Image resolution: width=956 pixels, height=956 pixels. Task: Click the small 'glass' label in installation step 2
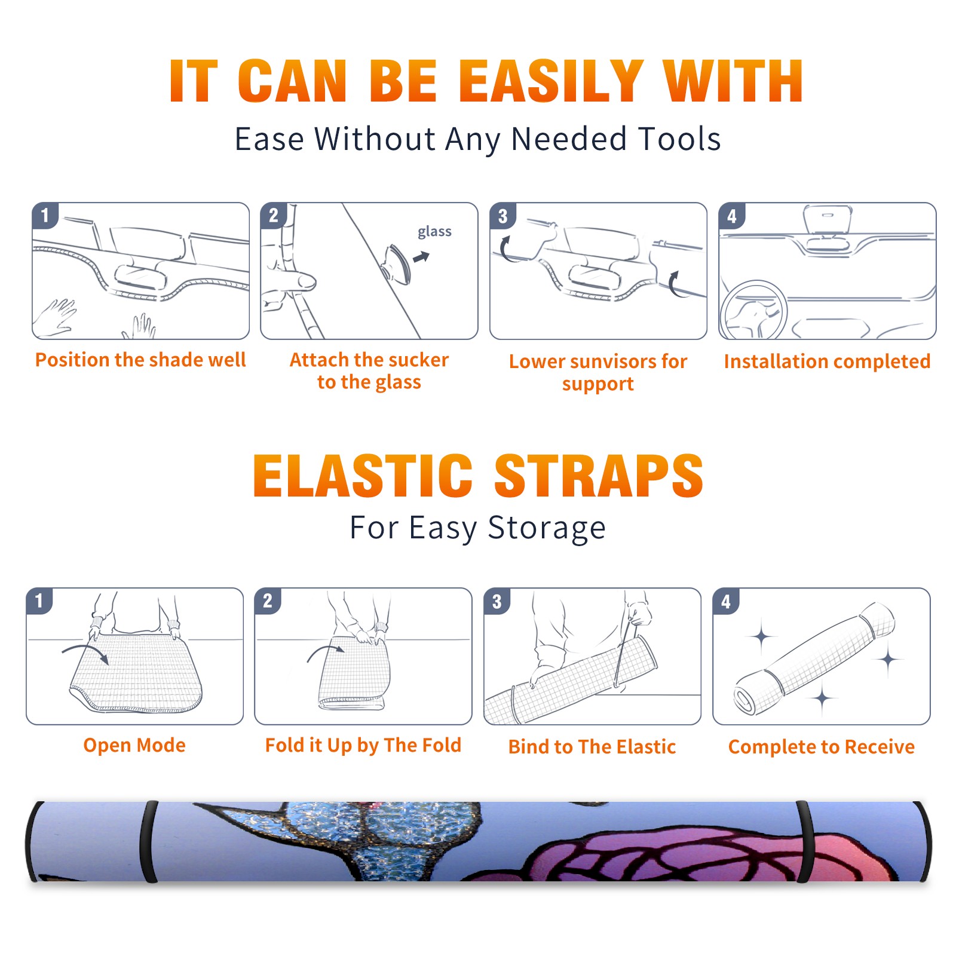[x=434, y=232]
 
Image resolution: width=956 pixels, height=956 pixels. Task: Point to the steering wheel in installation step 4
[x=753, y=310]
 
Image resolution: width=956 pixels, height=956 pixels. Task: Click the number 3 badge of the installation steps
[x=502, y=216]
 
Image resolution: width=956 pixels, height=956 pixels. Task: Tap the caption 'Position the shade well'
[x=140, y=360]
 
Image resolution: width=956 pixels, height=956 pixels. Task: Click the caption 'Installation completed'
[x=827, y=361]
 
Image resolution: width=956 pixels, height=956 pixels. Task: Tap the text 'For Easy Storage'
[x=477, y=528]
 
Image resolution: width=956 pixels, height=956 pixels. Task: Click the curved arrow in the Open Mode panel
[x=85, y=651]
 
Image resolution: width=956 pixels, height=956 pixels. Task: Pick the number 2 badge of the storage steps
[x=267, y=600]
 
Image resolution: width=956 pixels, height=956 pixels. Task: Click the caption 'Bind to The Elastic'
[x=592, y=746]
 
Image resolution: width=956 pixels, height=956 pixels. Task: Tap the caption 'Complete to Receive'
[x=822, y=746]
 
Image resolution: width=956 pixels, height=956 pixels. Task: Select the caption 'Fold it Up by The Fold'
[x=363, y=745]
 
